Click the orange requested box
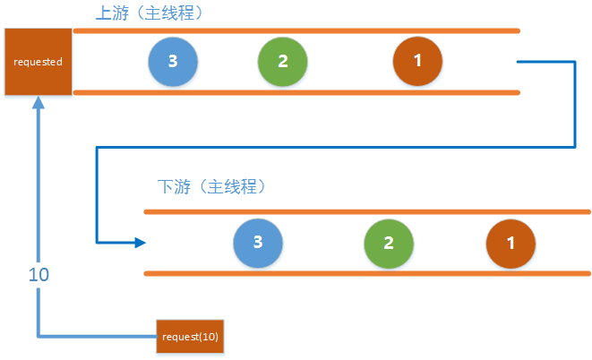(x=37, y=62)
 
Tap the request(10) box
(x=189, y=337)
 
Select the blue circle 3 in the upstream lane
(x=173, y=61)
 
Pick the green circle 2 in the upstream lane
(x=282, y=61)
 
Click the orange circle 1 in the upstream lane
(x=417, y=61)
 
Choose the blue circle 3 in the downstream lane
(x=258, y=243)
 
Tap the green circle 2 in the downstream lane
(x=390, y=243)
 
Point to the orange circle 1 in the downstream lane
(x=510, y=243)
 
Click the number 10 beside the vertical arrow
(x=39, y=275)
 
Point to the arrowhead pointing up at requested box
(x=38, y=103)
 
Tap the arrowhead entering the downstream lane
(x=139, y=243)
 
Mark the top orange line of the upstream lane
(x=296, y=30)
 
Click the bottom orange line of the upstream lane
(x=296, y=91)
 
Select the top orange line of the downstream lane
(x=367, y=211)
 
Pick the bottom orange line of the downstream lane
(x=367, y=272)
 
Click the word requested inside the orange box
(x=37, y=63)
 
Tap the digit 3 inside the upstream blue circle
(x=173, y=61)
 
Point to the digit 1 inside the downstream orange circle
(x=510, y=243)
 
